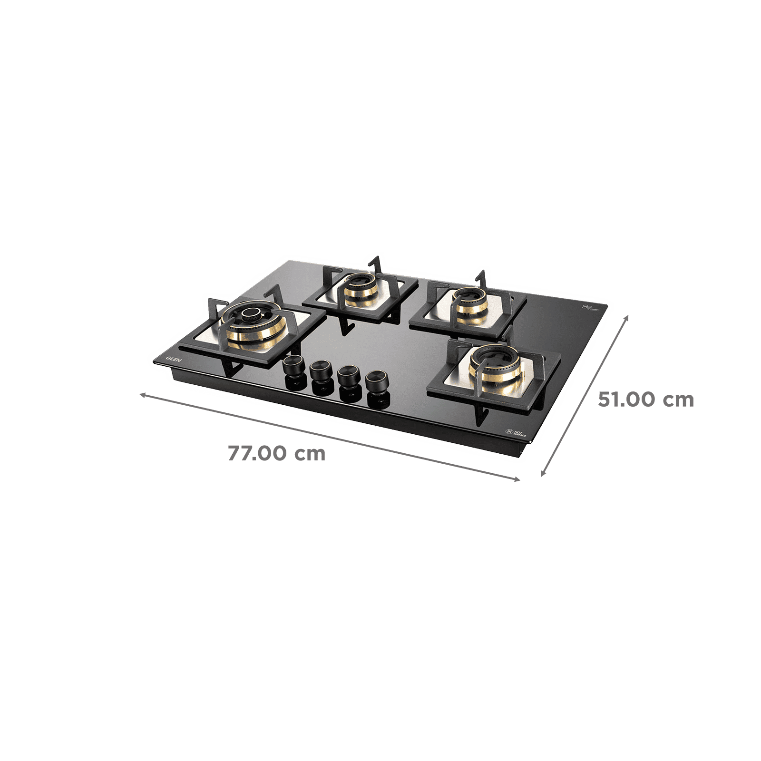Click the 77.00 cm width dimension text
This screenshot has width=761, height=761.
pyautogui.click(x=276, y=453)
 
